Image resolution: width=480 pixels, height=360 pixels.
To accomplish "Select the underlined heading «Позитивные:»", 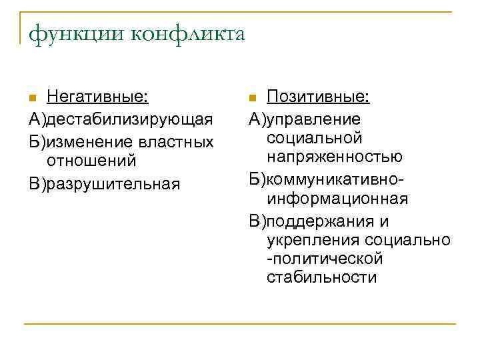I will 318,98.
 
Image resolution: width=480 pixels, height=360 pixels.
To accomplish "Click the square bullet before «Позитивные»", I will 252,99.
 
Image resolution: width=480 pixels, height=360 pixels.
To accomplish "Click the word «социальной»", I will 314,137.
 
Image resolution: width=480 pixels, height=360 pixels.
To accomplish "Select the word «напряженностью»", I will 334,157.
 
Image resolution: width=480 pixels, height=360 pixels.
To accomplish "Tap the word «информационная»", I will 337,199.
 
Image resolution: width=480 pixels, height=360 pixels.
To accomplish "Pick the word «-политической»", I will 325,258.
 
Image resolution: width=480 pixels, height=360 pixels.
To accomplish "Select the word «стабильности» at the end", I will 321,277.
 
